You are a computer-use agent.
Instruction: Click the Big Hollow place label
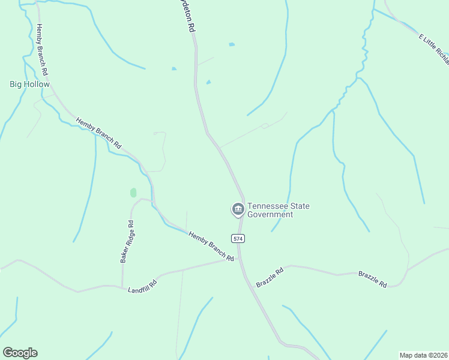point(29,85)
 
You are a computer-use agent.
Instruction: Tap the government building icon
point(238,209)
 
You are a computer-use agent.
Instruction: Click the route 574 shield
point(238,238)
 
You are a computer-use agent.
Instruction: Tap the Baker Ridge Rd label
point(127,241)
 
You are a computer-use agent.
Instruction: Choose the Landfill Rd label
point(142,286)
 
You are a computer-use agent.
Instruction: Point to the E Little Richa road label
point(434,49)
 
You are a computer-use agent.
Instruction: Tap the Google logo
point(20,353)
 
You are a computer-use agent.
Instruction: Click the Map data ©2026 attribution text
point(423,355)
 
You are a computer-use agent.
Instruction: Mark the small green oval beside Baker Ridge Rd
point(133,193)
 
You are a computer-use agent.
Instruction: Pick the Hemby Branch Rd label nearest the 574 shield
point(211,247)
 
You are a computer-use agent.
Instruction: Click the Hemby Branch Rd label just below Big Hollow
point(99,133)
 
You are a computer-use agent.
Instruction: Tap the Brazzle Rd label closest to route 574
point(270,278)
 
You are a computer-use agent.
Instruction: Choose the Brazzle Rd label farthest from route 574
point(373,279)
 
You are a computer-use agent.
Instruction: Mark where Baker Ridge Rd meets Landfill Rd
point(122,286)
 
